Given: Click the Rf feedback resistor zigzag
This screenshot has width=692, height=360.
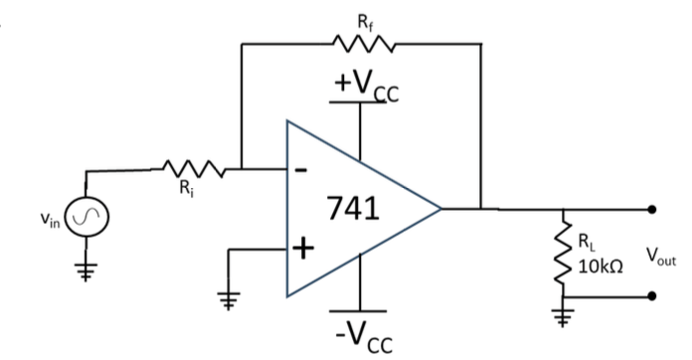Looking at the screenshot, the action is click(363, 44).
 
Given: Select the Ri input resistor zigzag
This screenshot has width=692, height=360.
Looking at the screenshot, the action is click(194, 169).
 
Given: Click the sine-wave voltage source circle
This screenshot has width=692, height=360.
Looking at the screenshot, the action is click(86, 217).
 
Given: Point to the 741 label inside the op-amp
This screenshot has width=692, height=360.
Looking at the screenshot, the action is click(353, 208).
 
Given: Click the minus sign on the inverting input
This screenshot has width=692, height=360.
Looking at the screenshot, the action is click(300, 170).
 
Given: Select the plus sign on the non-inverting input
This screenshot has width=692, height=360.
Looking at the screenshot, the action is click(303, 249).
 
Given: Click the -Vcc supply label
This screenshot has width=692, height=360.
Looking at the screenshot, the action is click(364, 337).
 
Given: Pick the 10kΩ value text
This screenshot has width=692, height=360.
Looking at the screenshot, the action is click(601, 267).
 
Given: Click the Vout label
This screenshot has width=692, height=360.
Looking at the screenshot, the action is click(661, 256).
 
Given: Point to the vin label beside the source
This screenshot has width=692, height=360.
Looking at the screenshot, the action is click(50, 219).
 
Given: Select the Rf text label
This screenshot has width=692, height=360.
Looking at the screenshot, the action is click(365, 23).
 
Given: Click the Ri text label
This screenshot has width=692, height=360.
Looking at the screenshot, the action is click(187, 188).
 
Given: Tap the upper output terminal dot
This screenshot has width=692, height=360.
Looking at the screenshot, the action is click(652, 210).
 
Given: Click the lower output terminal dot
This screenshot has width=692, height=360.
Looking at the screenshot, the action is click(652, 296).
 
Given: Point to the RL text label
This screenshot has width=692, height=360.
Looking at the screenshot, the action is click(587, 242).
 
